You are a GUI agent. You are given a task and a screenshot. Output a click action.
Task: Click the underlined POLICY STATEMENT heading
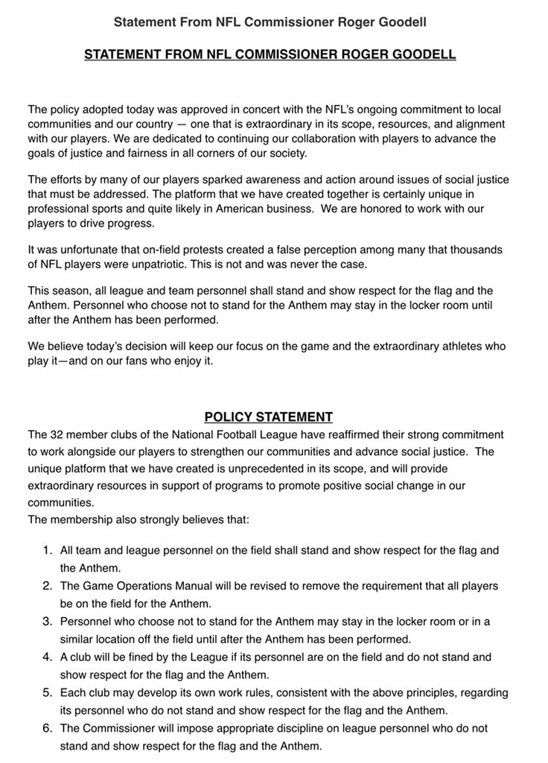point(269,417)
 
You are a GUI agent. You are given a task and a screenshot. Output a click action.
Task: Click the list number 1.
point(47,551)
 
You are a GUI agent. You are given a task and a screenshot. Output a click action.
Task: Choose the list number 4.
point(47,657)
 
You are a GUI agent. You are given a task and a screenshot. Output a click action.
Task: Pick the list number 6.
point(47,729)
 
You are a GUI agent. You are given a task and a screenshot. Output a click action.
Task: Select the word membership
point(83,519)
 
